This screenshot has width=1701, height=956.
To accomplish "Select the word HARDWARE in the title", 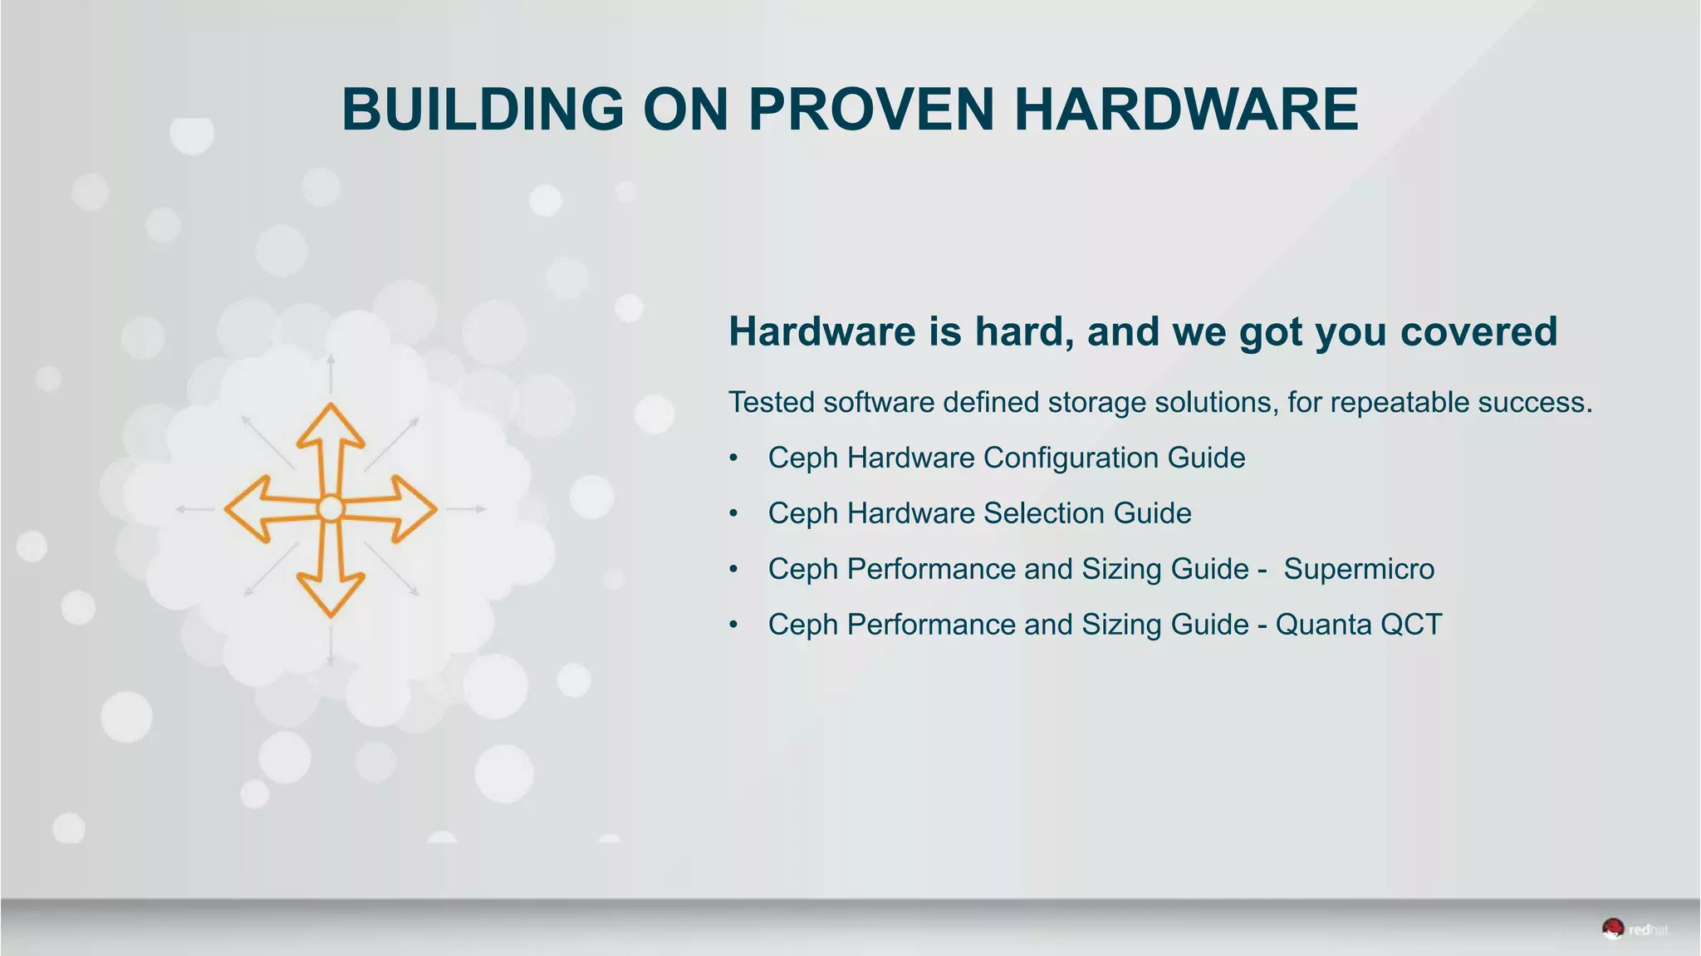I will pyautogui.click(x=1186, y=109).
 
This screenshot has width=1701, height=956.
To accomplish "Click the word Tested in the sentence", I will pyautogui.click(x=772, y=402).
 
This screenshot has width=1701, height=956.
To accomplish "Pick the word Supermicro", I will pyautogui.click(x=1359, y=569).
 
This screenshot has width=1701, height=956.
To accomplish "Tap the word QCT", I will pyautogui.click(x=1411, y=625).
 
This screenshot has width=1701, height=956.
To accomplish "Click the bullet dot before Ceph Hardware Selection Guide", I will pyautogui.click(x=733, y=514).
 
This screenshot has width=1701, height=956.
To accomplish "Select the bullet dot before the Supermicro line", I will pyautogui.click(x=733, y=570).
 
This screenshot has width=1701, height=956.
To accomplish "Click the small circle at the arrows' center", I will pyautogui.click(x=331, y=508).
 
